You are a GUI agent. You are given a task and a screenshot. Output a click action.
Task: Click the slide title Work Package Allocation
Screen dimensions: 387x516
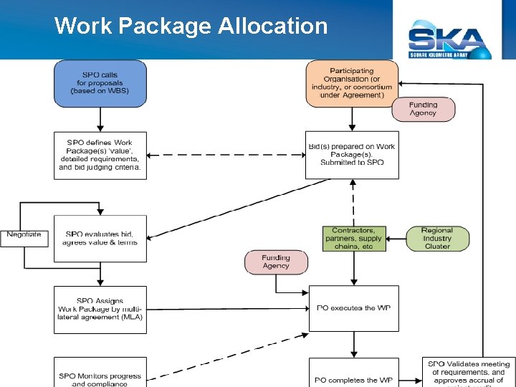[191, 26]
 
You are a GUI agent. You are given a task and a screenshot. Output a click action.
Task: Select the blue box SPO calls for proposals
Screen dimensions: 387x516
[100, 83]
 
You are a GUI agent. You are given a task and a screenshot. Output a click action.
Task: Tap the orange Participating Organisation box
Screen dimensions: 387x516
[352, 82]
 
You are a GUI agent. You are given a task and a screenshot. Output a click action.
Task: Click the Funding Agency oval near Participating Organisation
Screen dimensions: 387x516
[423, 109]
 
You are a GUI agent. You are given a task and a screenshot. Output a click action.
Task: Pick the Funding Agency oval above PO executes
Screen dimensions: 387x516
[276, 262]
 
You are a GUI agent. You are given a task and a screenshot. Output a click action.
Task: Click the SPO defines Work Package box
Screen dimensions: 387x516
[100, 156]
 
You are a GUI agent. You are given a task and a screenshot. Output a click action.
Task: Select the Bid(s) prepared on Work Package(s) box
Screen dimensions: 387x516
[352, 155]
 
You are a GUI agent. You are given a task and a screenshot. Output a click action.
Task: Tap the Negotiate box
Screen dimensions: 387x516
[24, 235]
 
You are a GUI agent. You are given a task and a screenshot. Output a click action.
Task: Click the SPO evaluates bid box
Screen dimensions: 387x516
[100, 239]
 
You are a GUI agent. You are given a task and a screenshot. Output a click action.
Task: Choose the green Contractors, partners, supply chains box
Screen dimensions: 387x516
[354, 239]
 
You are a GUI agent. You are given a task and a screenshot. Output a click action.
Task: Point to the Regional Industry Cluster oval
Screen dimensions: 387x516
[437, 239]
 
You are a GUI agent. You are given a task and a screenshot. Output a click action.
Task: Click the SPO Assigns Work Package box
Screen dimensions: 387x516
[100, 310]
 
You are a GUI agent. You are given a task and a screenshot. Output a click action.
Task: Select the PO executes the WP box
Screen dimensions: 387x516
[354, 308]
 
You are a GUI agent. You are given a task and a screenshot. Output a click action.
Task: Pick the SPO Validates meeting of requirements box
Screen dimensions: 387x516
[468, 373]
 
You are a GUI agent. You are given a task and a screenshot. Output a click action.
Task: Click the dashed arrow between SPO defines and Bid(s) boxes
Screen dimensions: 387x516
[226, 155]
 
